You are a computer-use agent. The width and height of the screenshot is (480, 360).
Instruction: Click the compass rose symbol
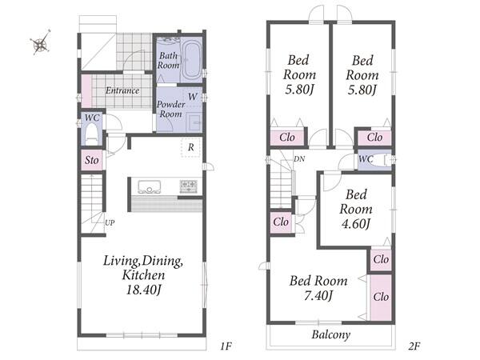[x=41, y=42]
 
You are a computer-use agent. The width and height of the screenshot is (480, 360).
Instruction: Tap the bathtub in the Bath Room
[x=191, y=59]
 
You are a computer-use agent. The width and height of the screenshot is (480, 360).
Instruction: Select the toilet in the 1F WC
[x=91, y=134]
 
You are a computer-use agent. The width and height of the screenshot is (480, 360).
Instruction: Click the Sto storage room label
[x=91, y=160]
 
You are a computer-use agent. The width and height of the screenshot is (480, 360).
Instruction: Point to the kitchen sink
[x=149, y=186]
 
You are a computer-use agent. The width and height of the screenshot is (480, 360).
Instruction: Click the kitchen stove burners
[x=188, y=186]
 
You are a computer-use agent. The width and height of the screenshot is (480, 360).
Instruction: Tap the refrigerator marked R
[x=190, y=147]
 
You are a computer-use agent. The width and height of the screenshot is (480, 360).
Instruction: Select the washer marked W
[x=193, y=97]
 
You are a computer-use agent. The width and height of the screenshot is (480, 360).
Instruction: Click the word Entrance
[x=122, y=90]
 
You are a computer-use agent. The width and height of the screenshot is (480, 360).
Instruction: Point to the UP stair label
[x=110, y=222]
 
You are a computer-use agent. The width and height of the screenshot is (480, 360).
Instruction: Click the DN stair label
[x=299, y=159]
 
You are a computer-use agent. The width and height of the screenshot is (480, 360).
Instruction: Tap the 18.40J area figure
[x=143, y=290]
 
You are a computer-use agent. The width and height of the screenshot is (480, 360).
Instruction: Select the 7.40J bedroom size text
[x=318, y=296]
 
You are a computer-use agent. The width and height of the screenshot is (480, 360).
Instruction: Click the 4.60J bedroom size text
[x=356, y=224]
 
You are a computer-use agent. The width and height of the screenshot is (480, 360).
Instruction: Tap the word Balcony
[x=331, y=334]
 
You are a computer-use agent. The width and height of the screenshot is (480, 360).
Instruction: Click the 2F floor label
[x=414, y=346]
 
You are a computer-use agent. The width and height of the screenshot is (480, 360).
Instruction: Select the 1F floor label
[x=226, y=346]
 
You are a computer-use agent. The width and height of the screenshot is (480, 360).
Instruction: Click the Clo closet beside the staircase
[x=281, y=222]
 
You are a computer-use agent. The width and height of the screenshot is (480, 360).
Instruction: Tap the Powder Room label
[x=171, y=109]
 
